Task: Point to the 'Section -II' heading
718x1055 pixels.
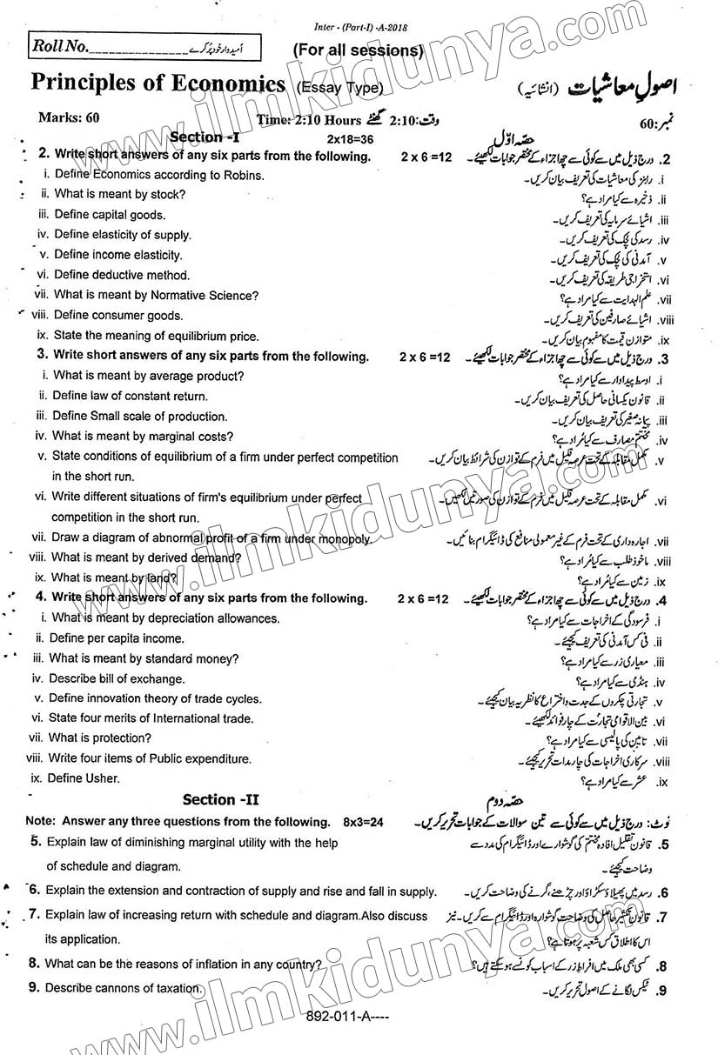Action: click(221, 799)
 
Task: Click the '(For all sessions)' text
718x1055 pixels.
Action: click(358, 50)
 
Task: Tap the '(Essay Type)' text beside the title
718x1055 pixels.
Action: click(339, 87)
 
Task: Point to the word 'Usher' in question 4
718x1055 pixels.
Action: click(101, 778)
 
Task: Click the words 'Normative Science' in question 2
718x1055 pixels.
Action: click(204, 296)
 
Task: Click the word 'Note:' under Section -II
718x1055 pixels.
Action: click(40, 821)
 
